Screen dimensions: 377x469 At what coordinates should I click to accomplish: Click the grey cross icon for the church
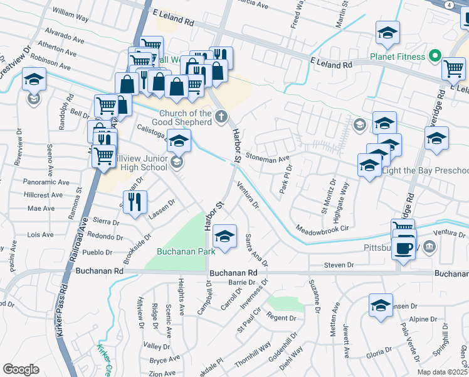(221, 116)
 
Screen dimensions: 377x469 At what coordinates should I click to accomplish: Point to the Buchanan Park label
(186, 251)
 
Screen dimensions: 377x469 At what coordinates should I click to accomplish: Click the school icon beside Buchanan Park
(224, 236)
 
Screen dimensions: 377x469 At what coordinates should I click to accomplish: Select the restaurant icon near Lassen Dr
(135, 202)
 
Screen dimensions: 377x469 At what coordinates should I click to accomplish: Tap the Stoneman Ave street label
(268, 158)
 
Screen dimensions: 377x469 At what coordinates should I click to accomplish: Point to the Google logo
(21, 369)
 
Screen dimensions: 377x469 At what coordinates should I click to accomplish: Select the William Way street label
(71, 12)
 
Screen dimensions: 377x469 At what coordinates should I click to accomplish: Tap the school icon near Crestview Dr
(34, 80)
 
